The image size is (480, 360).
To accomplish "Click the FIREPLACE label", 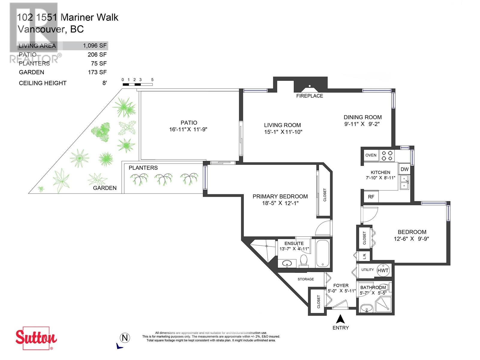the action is point(309,96).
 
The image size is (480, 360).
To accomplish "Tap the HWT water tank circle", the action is point(383,270).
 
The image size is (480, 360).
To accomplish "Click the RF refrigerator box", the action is point(371,197).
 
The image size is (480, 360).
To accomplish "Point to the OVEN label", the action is point(371,155).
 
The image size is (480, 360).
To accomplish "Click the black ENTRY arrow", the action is point(340,319).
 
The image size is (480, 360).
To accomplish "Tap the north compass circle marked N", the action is point(124,338).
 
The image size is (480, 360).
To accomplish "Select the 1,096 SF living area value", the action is point(95,46).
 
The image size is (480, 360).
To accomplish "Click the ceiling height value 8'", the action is point(104,83).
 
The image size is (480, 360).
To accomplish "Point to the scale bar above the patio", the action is point(137,84).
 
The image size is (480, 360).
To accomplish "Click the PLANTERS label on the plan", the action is point(143,168).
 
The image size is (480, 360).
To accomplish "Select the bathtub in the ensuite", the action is point(322,253).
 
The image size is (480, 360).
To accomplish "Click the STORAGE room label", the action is point(305,279).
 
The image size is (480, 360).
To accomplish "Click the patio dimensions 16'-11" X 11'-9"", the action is point(188,129).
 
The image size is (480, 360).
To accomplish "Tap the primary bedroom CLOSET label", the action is point(325,195).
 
